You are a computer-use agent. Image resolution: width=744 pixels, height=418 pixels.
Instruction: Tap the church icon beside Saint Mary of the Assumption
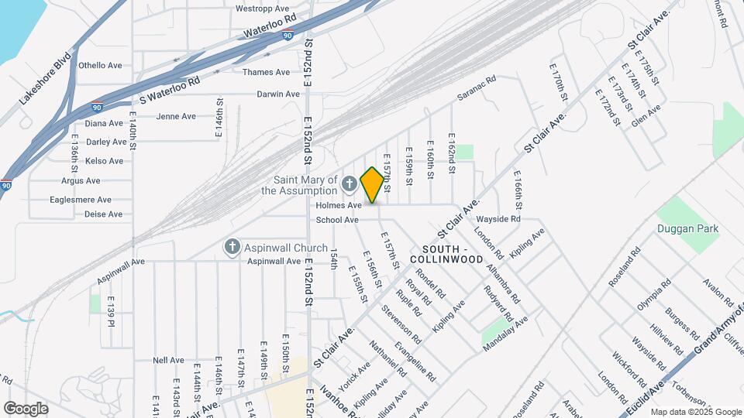(349, 184)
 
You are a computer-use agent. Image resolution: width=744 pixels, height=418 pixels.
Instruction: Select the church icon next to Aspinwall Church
(231, 247)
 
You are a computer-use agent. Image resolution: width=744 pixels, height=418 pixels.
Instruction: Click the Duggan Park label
(687, 228)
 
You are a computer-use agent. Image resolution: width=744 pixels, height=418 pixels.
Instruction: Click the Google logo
(26, 408)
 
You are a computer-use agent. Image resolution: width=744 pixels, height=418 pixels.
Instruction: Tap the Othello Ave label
(102, 66)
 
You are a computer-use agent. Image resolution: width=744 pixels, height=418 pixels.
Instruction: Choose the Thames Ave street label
(266, 72)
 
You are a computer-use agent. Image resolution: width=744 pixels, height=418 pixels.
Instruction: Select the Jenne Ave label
(176, 116)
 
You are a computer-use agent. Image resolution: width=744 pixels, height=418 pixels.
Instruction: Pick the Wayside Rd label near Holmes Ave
(498, 219)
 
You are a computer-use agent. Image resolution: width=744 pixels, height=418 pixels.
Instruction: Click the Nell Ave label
(168, 360)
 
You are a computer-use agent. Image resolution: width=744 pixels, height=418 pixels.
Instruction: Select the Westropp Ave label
(263, 9)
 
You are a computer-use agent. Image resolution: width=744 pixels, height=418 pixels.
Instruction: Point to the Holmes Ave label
(339, 206)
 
